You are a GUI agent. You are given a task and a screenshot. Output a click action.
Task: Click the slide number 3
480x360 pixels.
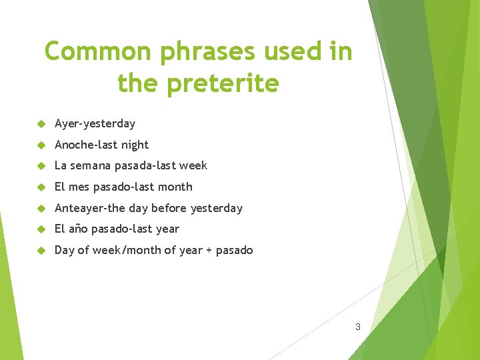(x=358, y=327)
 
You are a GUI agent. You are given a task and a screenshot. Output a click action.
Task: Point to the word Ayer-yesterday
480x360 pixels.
(x=95, y=124)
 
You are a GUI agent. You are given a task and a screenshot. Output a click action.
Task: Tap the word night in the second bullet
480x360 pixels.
(x=135, y=145)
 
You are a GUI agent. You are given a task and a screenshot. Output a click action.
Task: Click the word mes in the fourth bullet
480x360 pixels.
(x=78, y=187)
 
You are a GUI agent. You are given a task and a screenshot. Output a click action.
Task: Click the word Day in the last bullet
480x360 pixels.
(x=64, y=251)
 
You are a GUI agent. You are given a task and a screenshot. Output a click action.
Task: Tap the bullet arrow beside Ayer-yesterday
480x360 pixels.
(x=41, y=124)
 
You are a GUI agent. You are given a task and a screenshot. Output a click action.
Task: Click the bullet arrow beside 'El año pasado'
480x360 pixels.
(x=41, y=229)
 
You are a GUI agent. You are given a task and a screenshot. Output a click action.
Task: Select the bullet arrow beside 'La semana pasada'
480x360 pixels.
(x=41, y=166)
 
